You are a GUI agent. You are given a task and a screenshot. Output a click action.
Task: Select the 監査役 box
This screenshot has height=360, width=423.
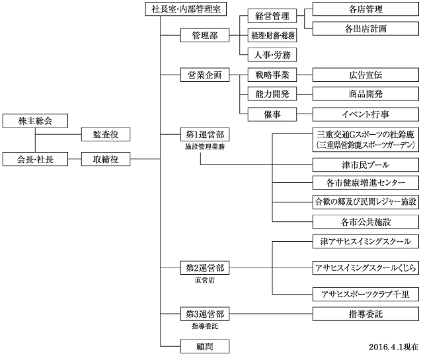tap(104, 135)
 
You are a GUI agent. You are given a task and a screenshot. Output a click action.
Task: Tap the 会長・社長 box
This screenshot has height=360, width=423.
tap(35, 159)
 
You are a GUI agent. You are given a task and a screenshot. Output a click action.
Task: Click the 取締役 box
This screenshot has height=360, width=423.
tap(104, 159)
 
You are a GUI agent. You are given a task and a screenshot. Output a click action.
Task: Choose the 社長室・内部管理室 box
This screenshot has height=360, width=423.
tap(186, 10)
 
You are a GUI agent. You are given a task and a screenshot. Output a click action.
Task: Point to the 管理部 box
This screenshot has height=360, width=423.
tap(204, 35)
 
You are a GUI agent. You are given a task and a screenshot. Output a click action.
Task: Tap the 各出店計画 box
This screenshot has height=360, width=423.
tap(365, 29)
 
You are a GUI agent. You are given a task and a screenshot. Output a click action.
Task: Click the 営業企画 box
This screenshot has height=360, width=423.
tap(204, 75)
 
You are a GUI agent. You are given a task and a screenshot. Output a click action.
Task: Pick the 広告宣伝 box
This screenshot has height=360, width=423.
tap(365, 75)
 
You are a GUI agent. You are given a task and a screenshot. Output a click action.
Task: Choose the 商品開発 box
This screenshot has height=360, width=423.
tap(365, 94)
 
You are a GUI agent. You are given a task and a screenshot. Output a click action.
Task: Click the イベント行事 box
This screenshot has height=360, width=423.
tap(365, 114)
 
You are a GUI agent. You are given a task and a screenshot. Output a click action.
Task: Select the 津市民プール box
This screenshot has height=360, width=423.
tap(365, 164)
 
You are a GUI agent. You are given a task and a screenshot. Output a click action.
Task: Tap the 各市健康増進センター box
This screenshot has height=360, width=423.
tap(365, 183)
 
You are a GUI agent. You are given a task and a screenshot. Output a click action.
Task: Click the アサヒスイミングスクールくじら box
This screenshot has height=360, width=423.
tap(365, 268)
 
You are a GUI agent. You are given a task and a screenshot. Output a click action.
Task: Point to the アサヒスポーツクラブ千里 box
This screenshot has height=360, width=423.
tap(365, 293)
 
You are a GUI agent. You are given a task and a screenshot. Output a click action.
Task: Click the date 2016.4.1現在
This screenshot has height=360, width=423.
tap(393, 346)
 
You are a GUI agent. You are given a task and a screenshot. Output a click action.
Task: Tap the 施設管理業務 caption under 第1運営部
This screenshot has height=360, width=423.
tap(204, 147)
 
